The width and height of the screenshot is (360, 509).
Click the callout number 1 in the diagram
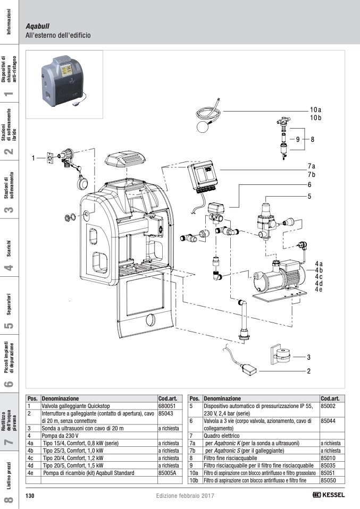coord(32,158)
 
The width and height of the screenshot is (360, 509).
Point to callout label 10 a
coord(315,109)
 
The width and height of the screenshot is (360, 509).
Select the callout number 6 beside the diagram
coord(309,185)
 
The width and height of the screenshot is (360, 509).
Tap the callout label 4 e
coord(319,289)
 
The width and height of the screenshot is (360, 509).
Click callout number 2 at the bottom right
coord(308,371)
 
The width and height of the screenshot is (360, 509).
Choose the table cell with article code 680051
coord(167,405)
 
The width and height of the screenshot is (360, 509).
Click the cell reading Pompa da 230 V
coord(99,435)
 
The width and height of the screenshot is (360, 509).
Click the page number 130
coord(30,496)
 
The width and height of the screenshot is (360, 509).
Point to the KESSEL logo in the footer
coord(329,495)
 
